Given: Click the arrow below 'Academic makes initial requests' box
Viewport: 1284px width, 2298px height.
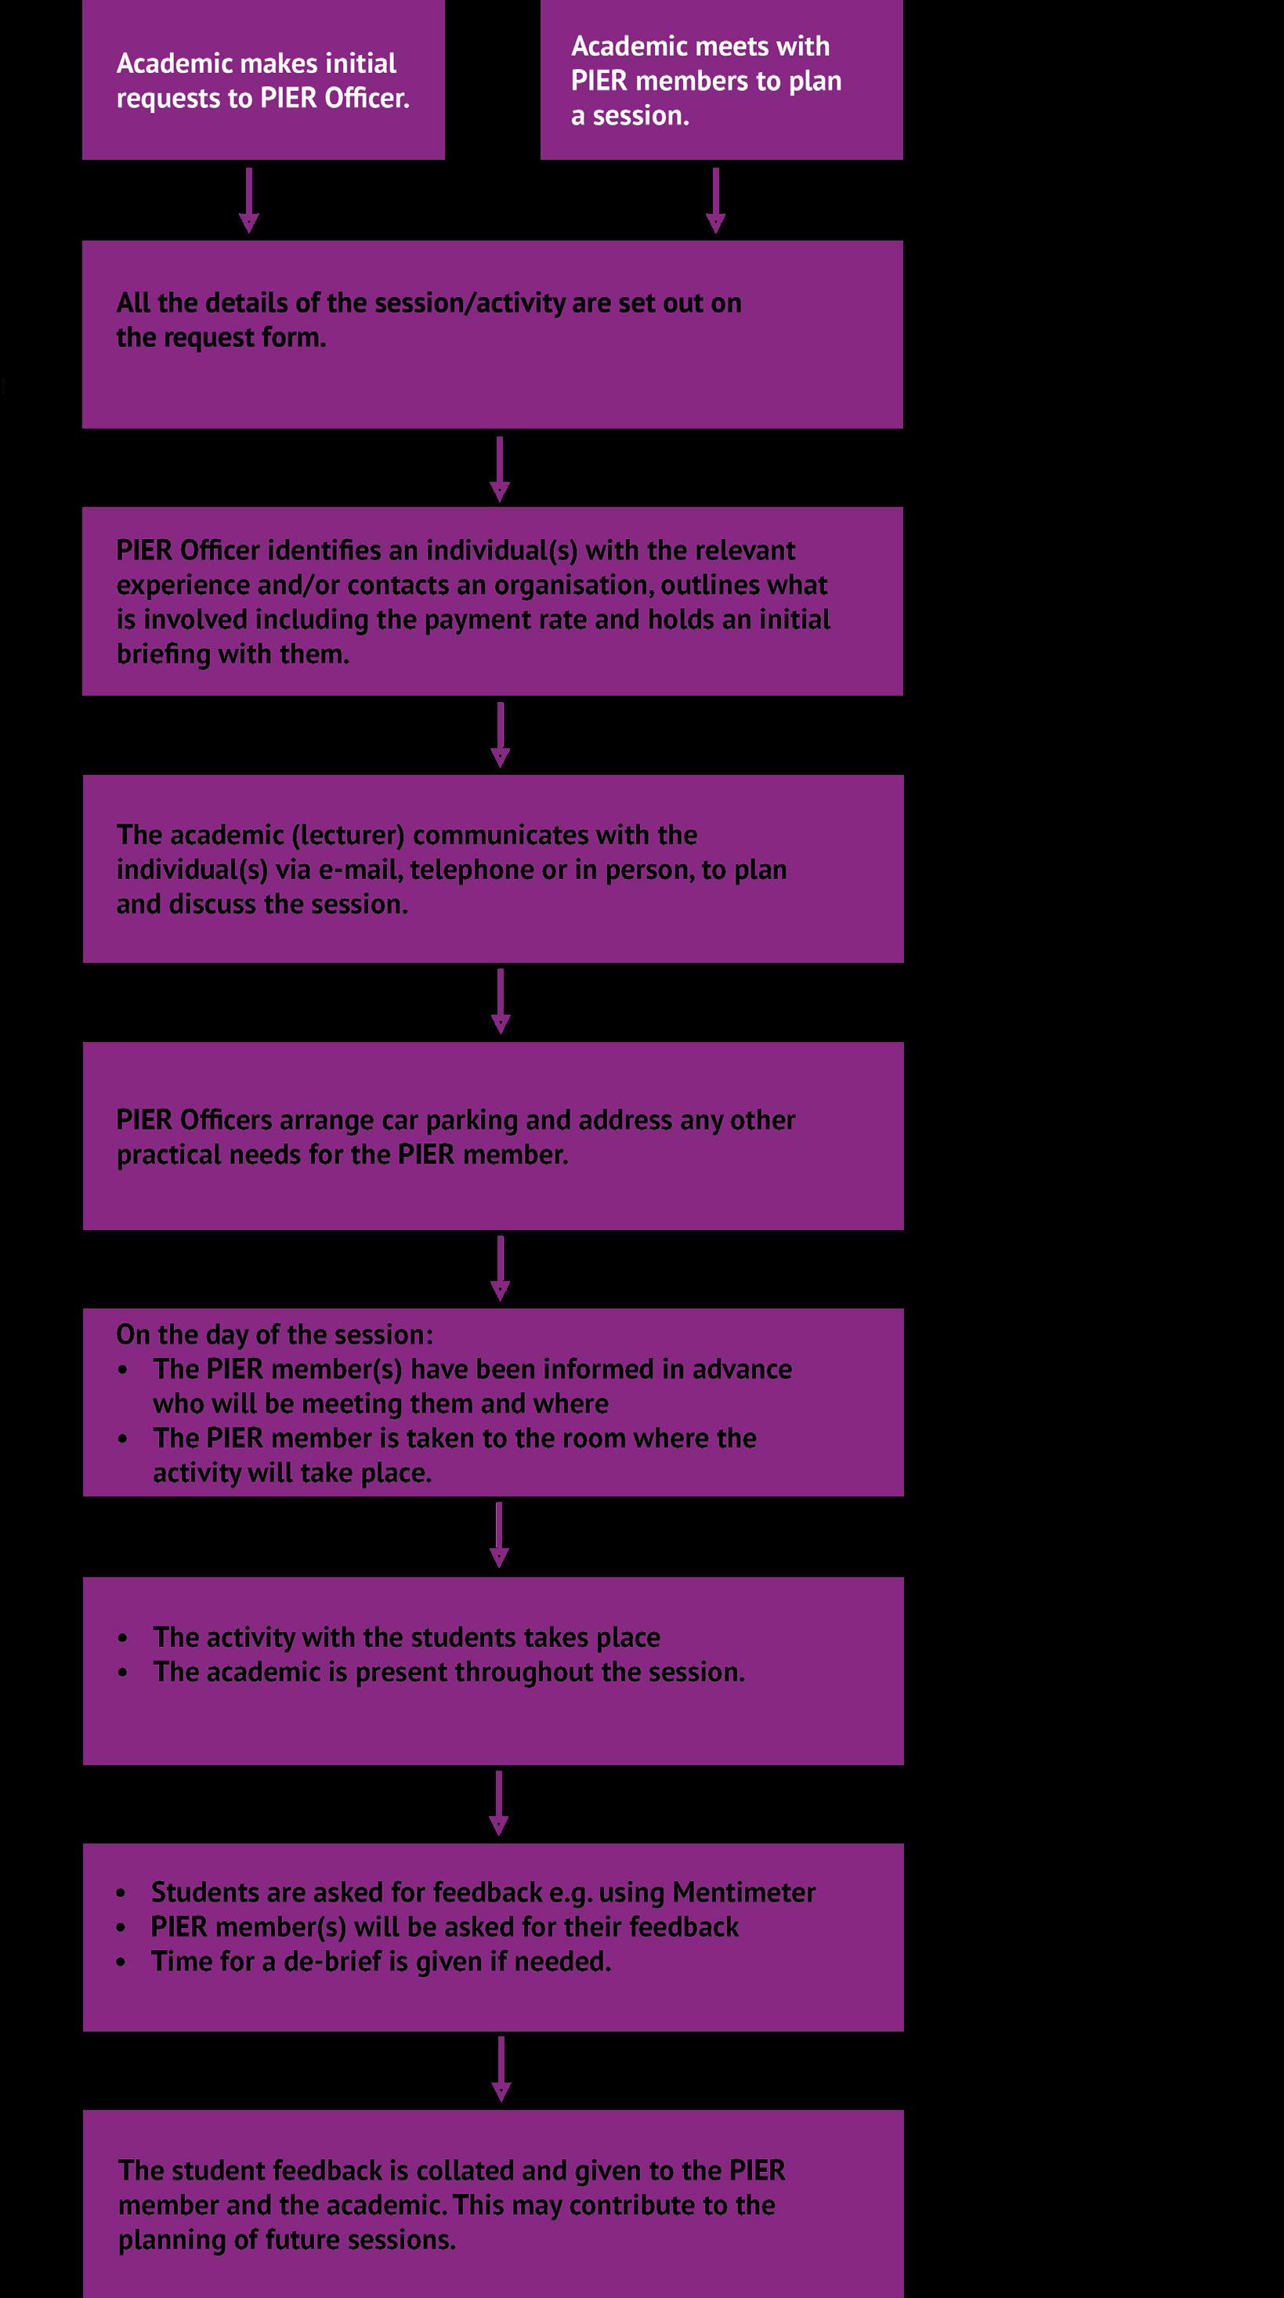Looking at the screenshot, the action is [249, 200].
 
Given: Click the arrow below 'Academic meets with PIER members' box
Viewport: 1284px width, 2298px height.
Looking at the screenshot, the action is [715, 200].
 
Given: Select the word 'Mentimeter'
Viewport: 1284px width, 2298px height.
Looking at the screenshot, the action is [743, 1892].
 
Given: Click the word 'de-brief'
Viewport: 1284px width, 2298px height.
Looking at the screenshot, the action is [333, 1962].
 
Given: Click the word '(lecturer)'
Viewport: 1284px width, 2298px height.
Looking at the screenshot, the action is [348, 835].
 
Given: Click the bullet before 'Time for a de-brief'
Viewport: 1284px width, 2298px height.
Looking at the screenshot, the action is [121, 1963].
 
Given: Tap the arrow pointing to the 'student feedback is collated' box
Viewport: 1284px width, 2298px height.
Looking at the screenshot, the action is [501, 2068].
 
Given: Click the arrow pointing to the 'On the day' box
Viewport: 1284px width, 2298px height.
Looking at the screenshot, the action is [501, 1268].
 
